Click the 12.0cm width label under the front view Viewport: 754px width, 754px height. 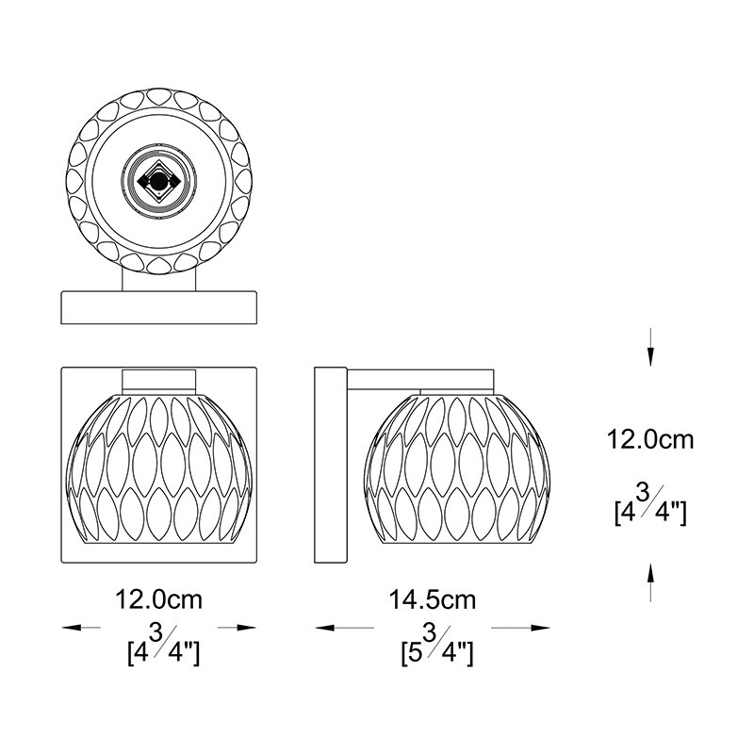(x=158, y=599)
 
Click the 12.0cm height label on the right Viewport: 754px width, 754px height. (x=649, y=439)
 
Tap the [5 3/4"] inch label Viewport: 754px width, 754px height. (x=434, y=647)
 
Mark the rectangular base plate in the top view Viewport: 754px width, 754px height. (x=159, y=308)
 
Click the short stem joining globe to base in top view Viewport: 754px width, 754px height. (x=159, y=280)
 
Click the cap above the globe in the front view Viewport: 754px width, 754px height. (x=160, y=380)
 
